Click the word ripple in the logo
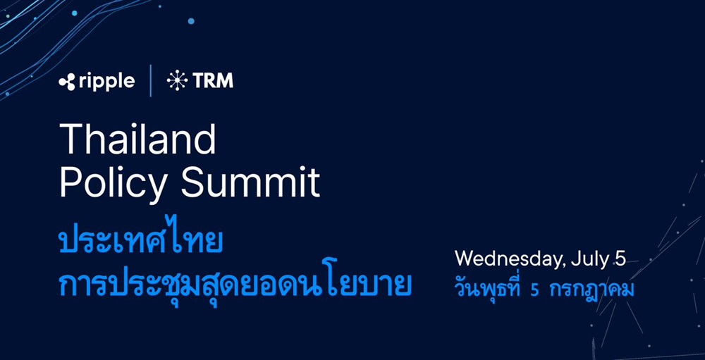[107, 82]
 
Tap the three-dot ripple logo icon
[67, 82]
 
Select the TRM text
[213, 81]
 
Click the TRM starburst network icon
[177, 81]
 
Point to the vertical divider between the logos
[151, 80]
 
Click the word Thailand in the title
[137, 139]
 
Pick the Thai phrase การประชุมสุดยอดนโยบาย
[235, 283]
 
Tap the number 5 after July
[620, 259]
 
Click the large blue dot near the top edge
[190, 21]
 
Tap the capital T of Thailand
[71, 139]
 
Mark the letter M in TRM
[226, 81]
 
